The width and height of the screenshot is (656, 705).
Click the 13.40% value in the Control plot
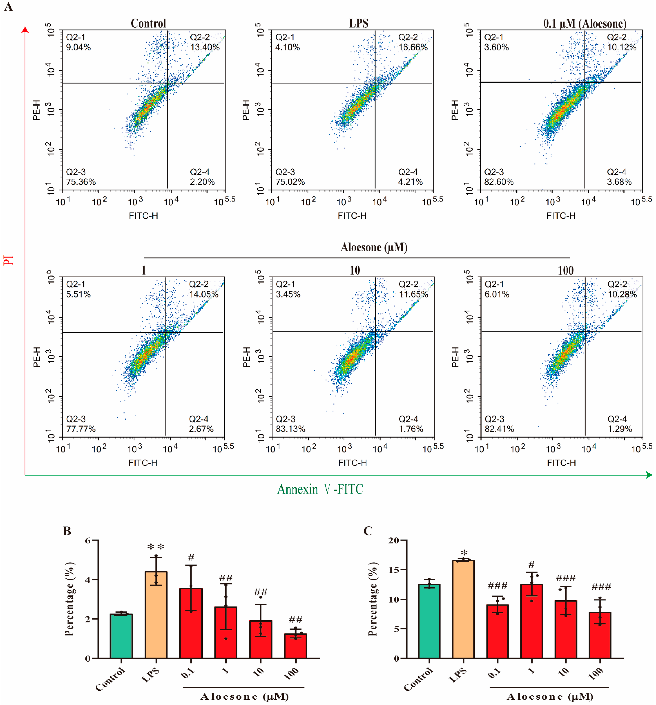pos(205,47)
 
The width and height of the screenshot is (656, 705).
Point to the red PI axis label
pos(9,260)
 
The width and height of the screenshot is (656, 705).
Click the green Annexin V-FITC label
pos(320,489)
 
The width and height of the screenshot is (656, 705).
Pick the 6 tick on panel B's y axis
pos(88,540)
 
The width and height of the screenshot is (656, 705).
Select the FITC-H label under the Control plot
pos(143,216)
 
